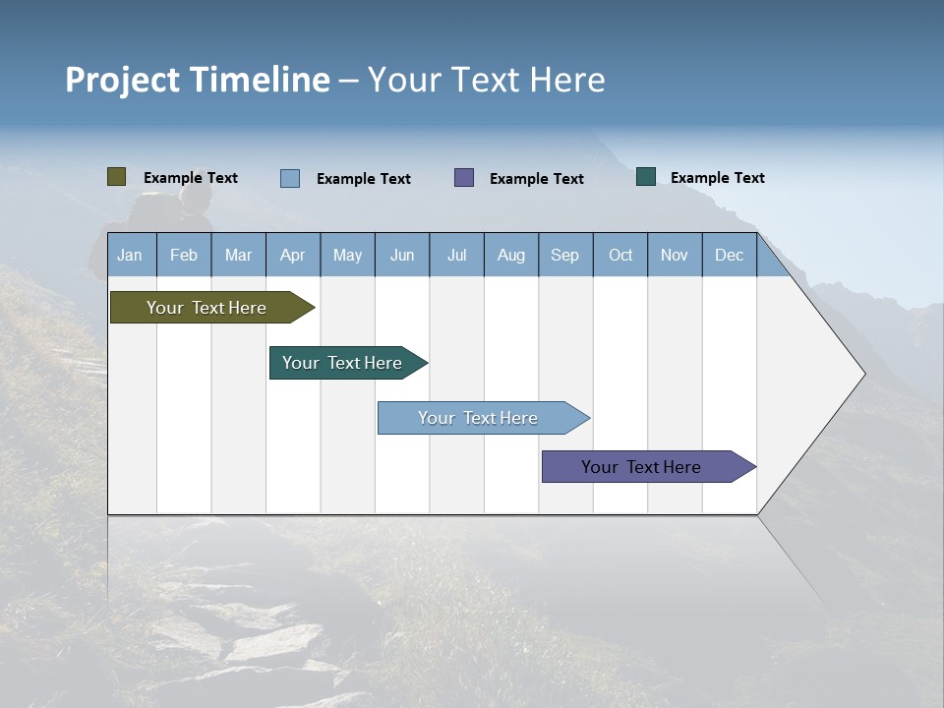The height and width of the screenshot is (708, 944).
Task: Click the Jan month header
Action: click(x=130, y=255)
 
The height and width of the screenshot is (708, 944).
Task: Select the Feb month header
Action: click(x=184, y=255)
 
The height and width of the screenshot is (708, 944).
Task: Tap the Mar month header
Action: click(x=238, y=255)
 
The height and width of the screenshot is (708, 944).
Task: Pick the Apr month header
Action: click(x=293, y=255)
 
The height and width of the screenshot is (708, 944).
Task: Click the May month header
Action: click(x=347, y=255)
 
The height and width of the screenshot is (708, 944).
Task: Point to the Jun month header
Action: click(x=402, y=255)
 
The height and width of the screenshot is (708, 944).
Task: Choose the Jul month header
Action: click(x=456, y=255)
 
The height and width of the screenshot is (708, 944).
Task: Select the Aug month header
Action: click(x=511, y=255)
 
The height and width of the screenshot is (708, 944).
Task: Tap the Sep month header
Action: click(x=565, y=255)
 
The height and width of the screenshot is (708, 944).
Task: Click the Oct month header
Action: click(x=620, y=255)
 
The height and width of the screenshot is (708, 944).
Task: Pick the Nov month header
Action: click(x=675, y=255)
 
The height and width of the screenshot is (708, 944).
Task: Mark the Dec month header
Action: click(x=730, y=255)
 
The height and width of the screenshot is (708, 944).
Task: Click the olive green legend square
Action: click(x=117, y=177)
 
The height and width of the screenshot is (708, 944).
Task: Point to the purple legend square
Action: click(x=464, y=177)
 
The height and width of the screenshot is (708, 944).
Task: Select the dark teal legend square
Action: click(x=646, y=177)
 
